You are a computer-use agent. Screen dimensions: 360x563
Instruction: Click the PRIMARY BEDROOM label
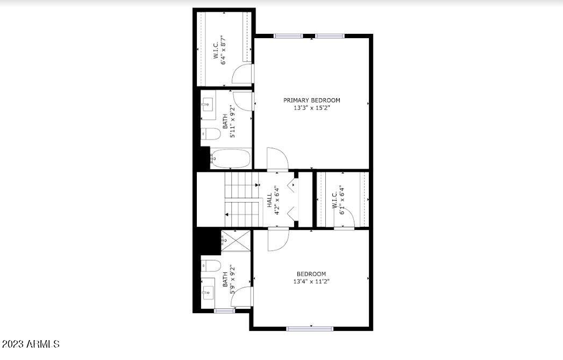(312, 100)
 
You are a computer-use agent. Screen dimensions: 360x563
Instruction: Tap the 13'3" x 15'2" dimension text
(312, 107)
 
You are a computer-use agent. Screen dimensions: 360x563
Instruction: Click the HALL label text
(269, 200)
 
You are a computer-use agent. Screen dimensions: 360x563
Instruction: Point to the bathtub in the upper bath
(230, 159)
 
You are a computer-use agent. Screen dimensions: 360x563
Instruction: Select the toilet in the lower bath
(210, 265)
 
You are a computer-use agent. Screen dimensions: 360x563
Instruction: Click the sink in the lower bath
(208, 293)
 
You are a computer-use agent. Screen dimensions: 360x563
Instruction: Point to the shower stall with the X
(235, 241)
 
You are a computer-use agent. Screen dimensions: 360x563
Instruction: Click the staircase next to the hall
(241, 199)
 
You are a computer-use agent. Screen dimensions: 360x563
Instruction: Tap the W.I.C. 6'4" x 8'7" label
(218, 51)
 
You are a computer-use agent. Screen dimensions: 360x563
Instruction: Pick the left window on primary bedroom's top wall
(288, 36)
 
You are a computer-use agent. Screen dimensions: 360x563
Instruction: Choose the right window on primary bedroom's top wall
(329, 36)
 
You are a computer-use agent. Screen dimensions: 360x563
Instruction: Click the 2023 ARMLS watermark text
(30, 343)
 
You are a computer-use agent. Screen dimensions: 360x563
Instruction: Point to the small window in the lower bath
(222, 311)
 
